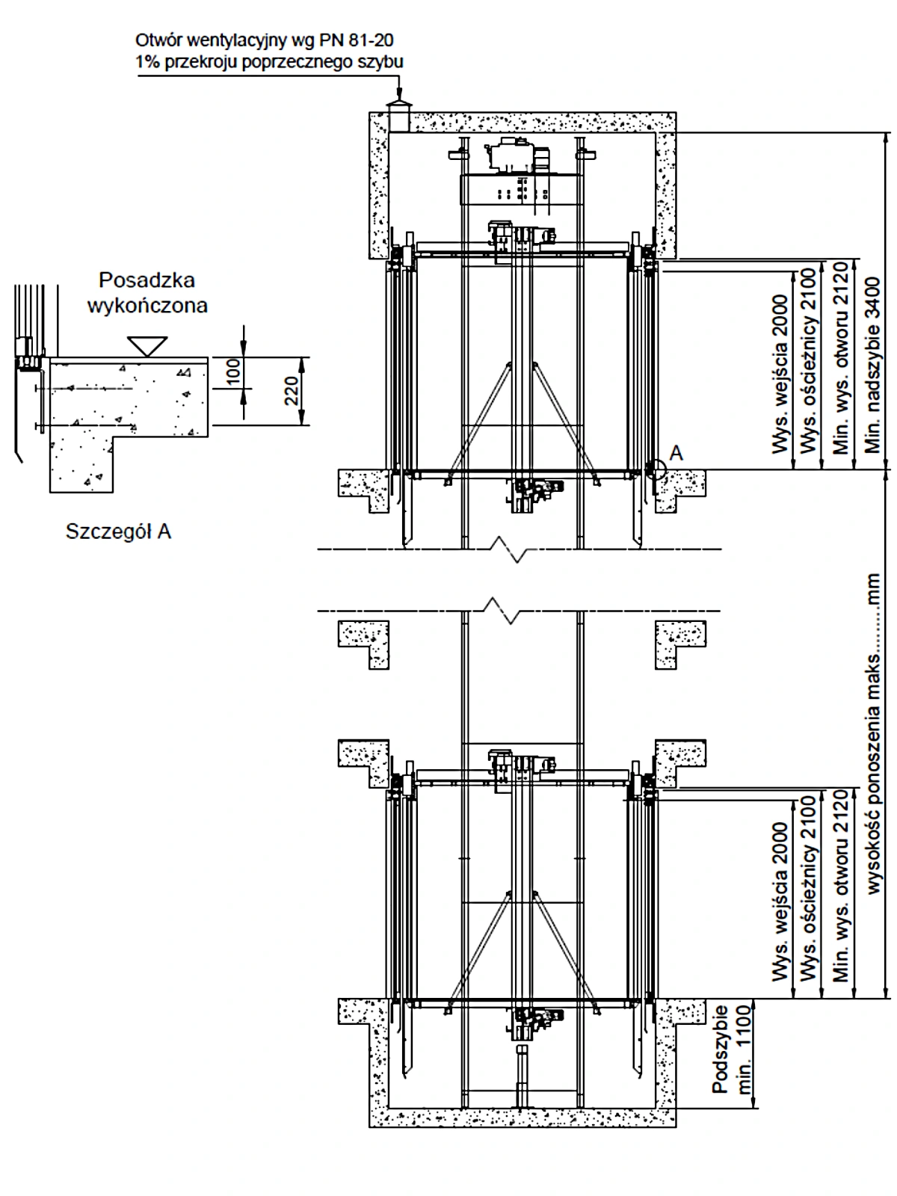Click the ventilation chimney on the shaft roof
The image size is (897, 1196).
tap(399, 116)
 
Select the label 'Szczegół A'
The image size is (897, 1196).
tap(118, 531)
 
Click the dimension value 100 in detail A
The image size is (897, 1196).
tap(233, 372)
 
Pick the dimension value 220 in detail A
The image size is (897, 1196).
tap(292, 391)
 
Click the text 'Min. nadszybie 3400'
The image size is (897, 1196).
tap(872, 365)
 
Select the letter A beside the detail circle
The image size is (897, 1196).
tap(676, 453)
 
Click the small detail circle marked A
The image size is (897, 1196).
tap(656, 469)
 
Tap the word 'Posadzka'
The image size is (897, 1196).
tap(147, 280)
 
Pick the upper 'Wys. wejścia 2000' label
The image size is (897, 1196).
tap(780, 374)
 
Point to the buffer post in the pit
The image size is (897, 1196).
tap(522, 1076)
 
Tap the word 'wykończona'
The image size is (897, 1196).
tap(147, 305)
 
